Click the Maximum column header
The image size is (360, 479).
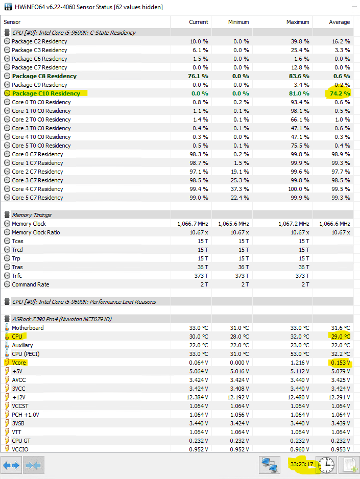click(x=298, y=22)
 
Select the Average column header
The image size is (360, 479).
click(x=339, y=22)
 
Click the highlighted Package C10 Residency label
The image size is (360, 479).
click(x=46, y=93)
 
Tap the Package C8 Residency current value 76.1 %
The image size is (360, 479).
click(x=198, y=76)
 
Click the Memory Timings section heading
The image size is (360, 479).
click(x=32, y=215)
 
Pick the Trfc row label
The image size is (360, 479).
click(x=18, y=276)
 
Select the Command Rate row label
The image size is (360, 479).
click(x=31, y=284)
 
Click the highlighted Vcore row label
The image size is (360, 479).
click(x=19, y=363)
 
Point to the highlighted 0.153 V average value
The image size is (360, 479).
click(x=339, y=363)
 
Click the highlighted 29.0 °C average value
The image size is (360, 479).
click(x=340, y=337)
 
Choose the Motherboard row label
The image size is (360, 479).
click(x=28, y=328)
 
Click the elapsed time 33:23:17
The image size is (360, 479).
click(x=301, y=465)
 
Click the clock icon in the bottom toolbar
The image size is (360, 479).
click(x=326, y=465)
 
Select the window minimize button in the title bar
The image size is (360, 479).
click(x=306, y=7)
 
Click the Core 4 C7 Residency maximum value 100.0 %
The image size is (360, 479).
click(x=298, y=189)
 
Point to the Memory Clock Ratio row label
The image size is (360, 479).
click(x=36, y=232)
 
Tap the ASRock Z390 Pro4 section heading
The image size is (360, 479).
click(x=62, y=319)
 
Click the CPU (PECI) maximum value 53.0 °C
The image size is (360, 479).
click(x=298, y=354)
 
